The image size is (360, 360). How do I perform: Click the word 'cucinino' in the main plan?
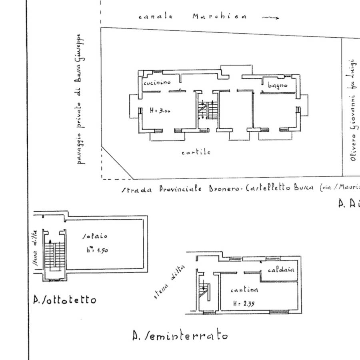click(157, 82)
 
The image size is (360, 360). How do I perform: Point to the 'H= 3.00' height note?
click(160, 112)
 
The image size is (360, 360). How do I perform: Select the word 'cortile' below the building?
click(196, 152)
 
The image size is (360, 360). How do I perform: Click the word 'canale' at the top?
click(155, 17)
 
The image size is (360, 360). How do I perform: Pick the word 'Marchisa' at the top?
click(219, 16)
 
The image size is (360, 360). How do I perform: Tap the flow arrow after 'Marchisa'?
click(270, 17)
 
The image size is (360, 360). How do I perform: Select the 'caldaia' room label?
click(281, 270)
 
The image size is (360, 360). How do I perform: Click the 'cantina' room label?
click(244, 290)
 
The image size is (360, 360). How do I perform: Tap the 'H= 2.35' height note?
click(244, 304)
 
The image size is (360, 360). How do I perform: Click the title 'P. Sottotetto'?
click(65, 300)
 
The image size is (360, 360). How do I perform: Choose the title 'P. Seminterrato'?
click(180, 335)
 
